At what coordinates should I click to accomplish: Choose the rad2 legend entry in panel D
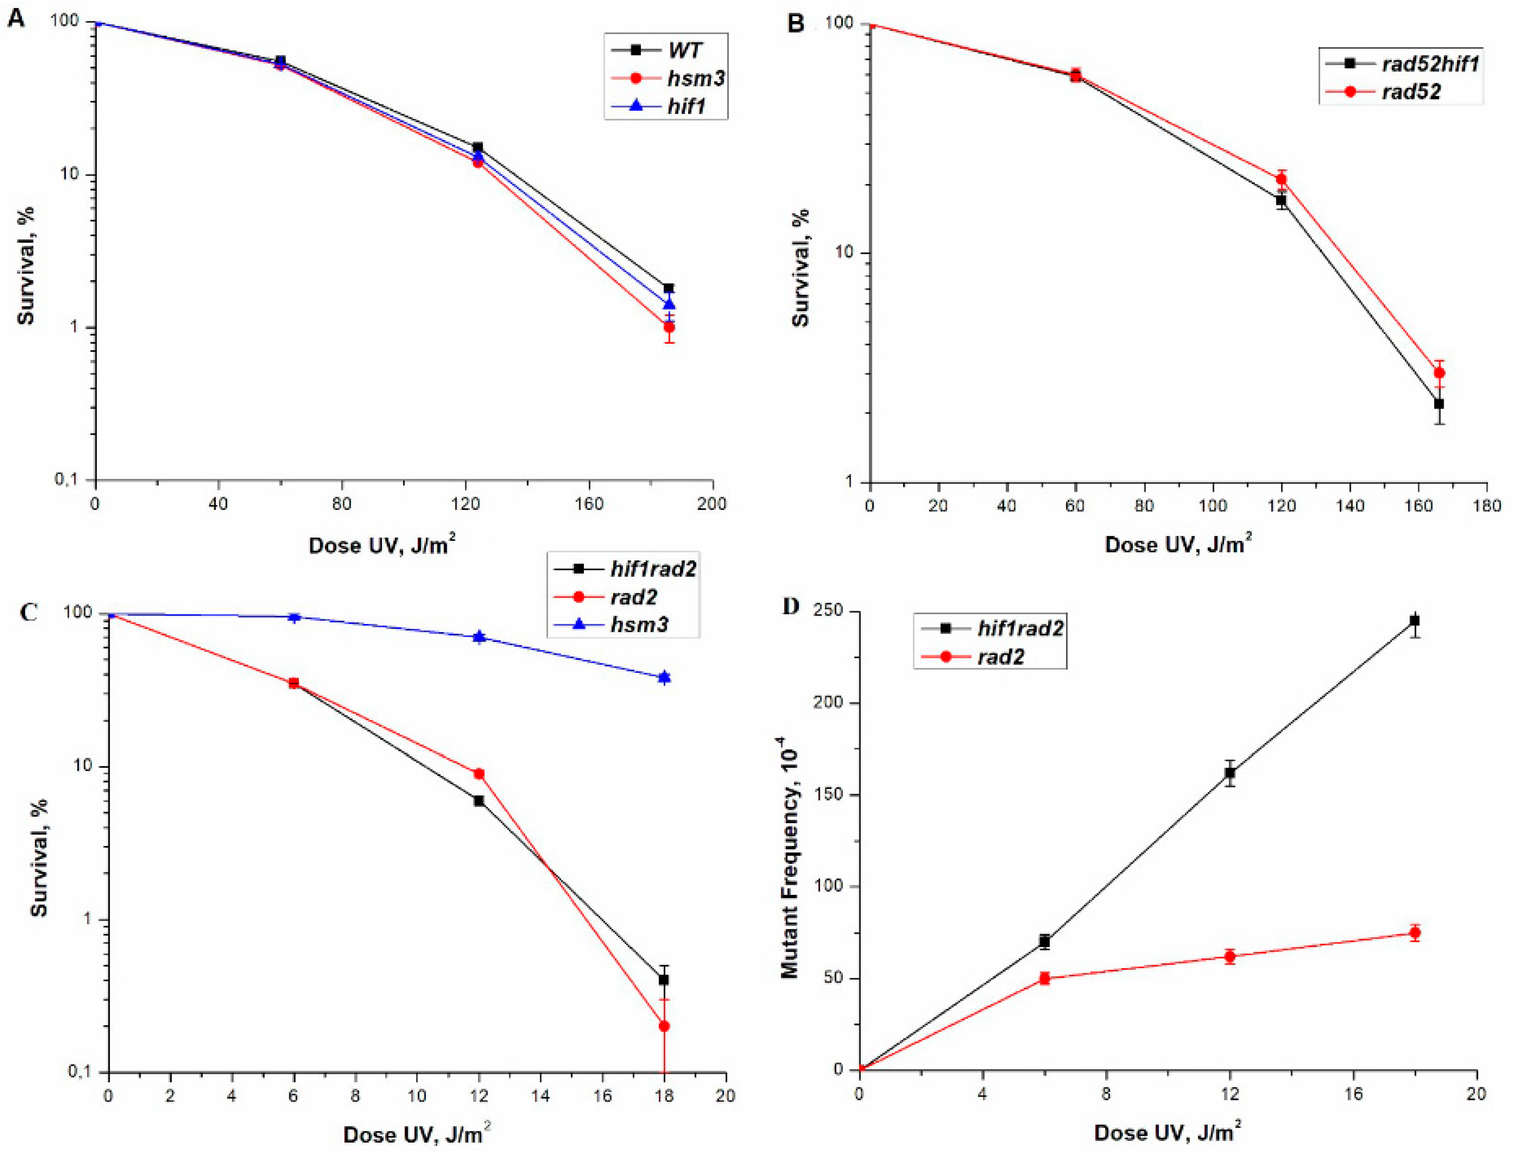1000,657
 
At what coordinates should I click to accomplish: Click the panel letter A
15,18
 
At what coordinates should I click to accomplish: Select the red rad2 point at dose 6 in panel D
1045,978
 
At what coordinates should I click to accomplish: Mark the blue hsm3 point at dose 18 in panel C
664,678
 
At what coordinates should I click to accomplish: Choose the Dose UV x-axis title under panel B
1177,545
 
